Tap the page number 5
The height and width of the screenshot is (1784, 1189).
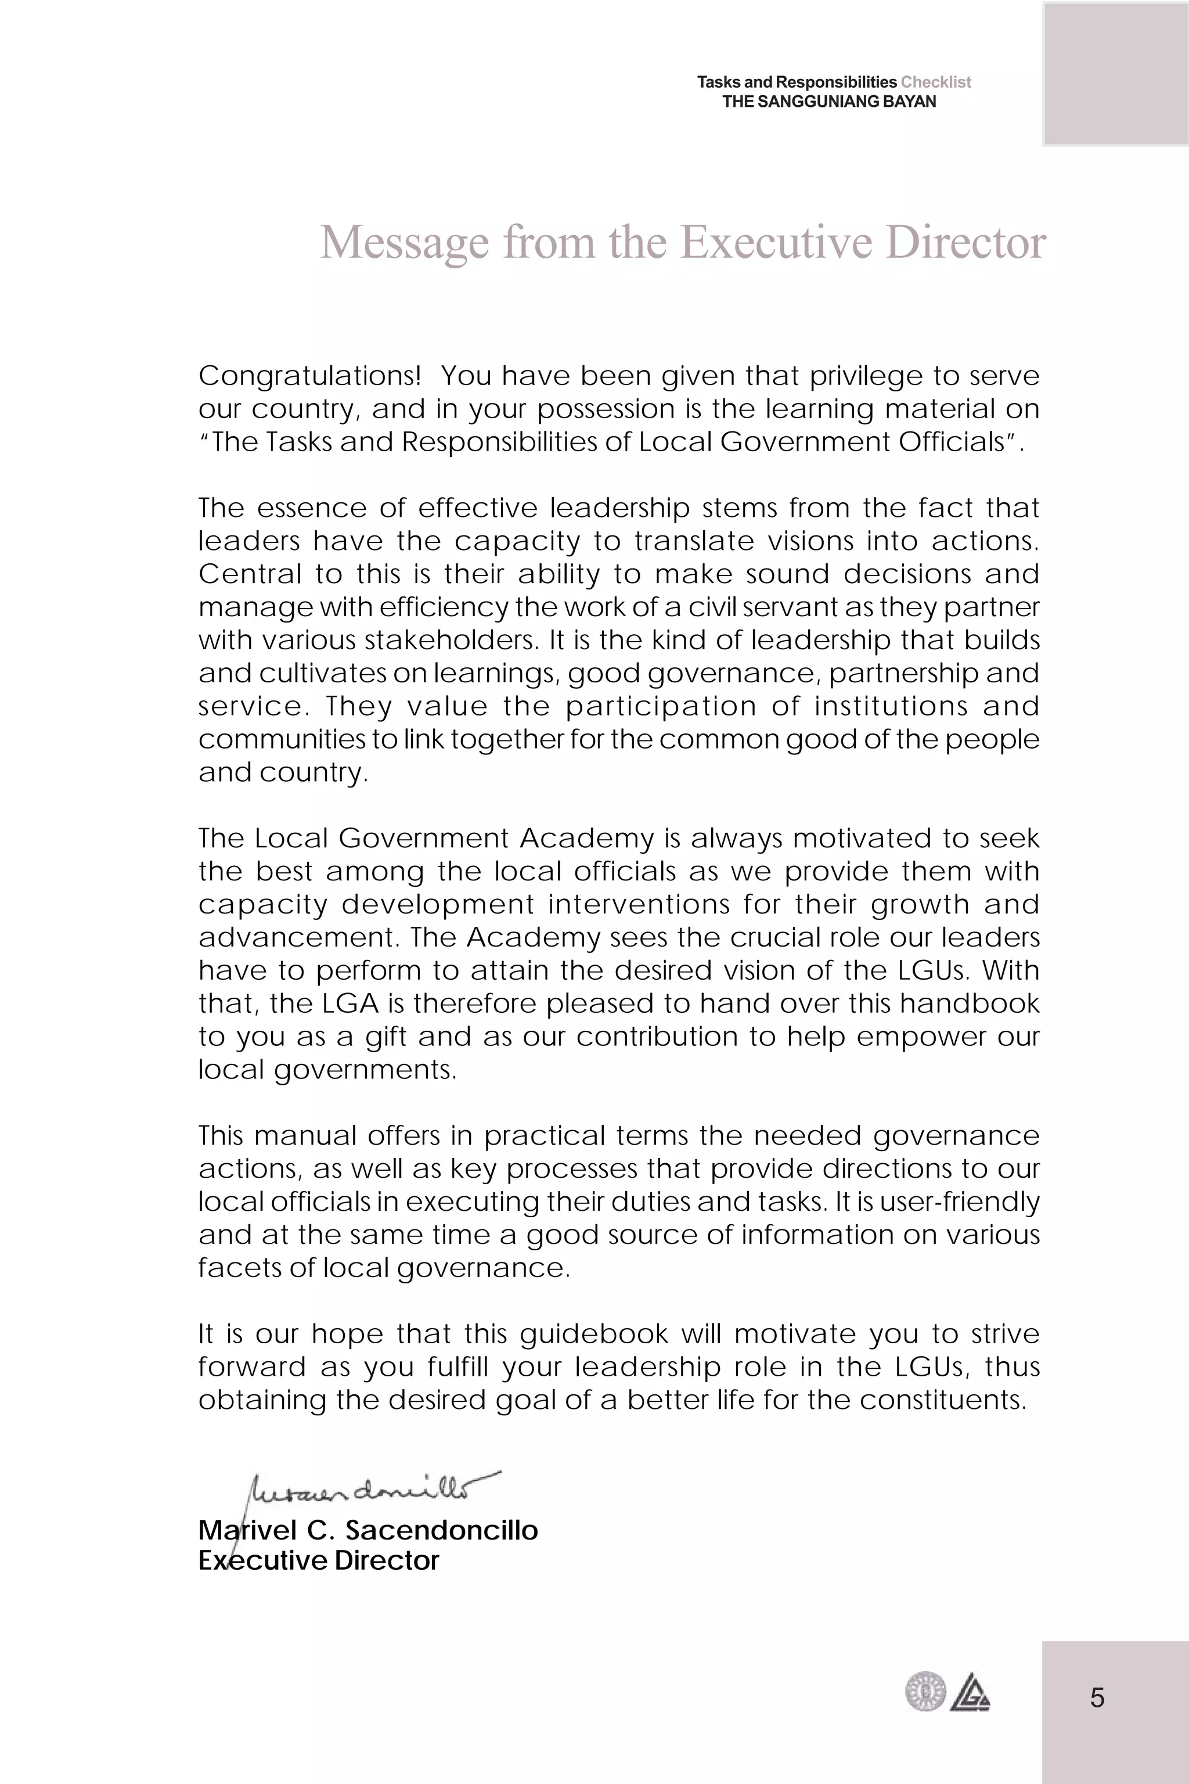[1097, 1697]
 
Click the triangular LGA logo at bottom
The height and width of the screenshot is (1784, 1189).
[970, 1692]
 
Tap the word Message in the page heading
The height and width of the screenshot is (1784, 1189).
[404, 243]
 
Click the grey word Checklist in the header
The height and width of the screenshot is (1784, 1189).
[936, 82]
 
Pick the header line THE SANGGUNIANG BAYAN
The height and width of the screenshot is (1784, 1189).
[829, 102]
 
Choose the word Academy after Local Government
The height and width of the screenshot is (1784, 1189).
[587, 838]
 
